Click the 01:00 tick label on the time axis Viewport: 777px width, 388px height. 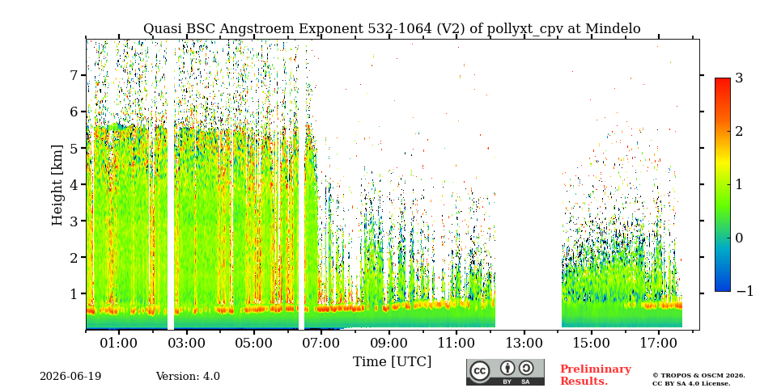click(x=119, y=343)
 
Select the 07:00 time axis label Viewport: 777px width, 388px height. click(x=321, y=343)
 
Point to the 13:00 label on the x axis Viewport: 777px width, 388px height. click(x=524, y=343)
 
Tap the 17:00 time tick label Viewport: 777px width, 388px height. click(x=658, y=343)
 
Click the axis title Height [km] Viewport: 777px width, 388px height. click(x=58, y=185)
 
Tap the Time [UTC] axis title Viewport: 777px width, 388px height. click(x=392, y=362)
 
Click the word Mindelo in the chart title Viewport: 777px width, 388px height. click(x=613, y=29)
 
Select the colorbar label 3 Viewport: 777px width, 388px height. click(x=739, y=78)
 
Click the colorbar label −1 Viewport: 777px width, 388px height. click(x=745, y=291)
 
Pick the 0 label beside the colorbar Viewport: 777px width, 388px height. click(x=739, y=238)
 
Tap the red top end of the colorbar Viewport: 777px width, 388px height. click(x=723, y=80)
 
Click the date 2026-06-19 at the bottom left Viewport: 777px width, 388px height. click(x=70, y=377)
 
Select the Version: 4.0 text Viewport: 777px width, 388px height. click(x=188, y=377)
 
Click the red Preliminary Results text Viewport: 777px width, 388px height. click(x=596, y=375)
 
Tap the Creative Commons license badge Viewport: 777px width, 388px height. click(x=505, y=372)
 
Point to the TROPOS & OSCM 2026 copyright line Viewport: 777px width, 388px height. click(x=698, y=376)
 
